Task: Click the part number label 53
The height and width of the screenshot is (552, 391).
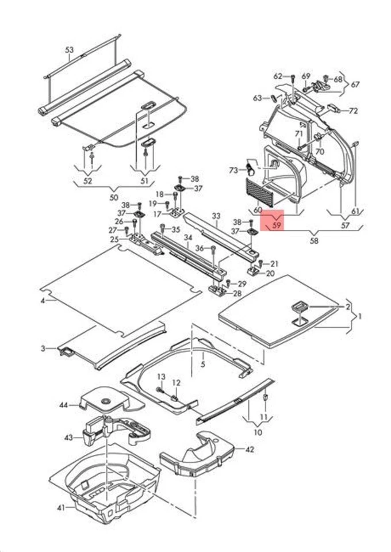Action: pyautogui.click(x=69, y=50)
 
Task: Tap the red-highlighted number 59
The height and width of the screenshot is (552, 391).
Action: pyautogui.click(x=276, y=225)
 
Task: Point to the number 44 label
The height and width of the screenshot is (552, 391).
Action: pyautogui.click(x=63, y=405)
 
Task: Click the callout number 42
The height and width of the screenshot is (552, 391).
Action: pyautogui.click(x=249, y=450)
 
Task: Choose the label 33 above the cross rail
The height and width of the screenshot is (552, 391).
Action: pyautogui.click(x=216, y=216)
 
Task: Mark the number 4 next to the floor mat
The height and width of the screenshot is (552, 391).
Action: pyautogui.click(x=42, y=301)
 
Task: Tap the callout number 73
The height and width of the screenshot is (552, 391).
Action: pyautogui.click(x=233, y=170)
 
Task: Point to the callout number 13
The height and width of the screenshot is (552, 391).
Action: pyautogui.click(x=161, y=376)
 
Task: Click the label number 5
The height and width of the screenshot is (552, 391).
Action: pyautogui.click(x=202, y=364)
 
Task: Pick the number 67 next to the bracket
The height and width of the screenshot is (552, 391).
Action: pyautogui.click(x=355, y=85)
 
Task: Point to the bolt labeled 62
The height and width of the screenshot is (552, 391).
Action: pyautogui.click(x=293, y=78)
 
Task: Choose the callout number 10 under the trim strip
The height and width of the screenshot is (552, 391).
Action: pyautogui.click(x=257, y=432)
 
